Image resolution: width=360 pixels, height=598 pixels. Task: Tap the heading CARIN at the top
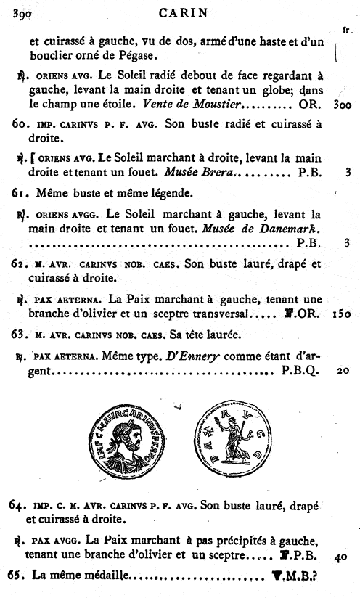[x=179, y=10]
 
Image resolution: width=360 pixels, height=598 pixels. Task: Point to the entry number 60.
[x=20, y=125]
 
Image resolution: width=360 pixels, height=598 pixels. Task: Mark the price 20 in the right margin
[x=344, y=371]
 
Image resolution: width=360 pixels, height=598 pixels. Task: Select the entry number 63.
[x=20, y=335]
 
